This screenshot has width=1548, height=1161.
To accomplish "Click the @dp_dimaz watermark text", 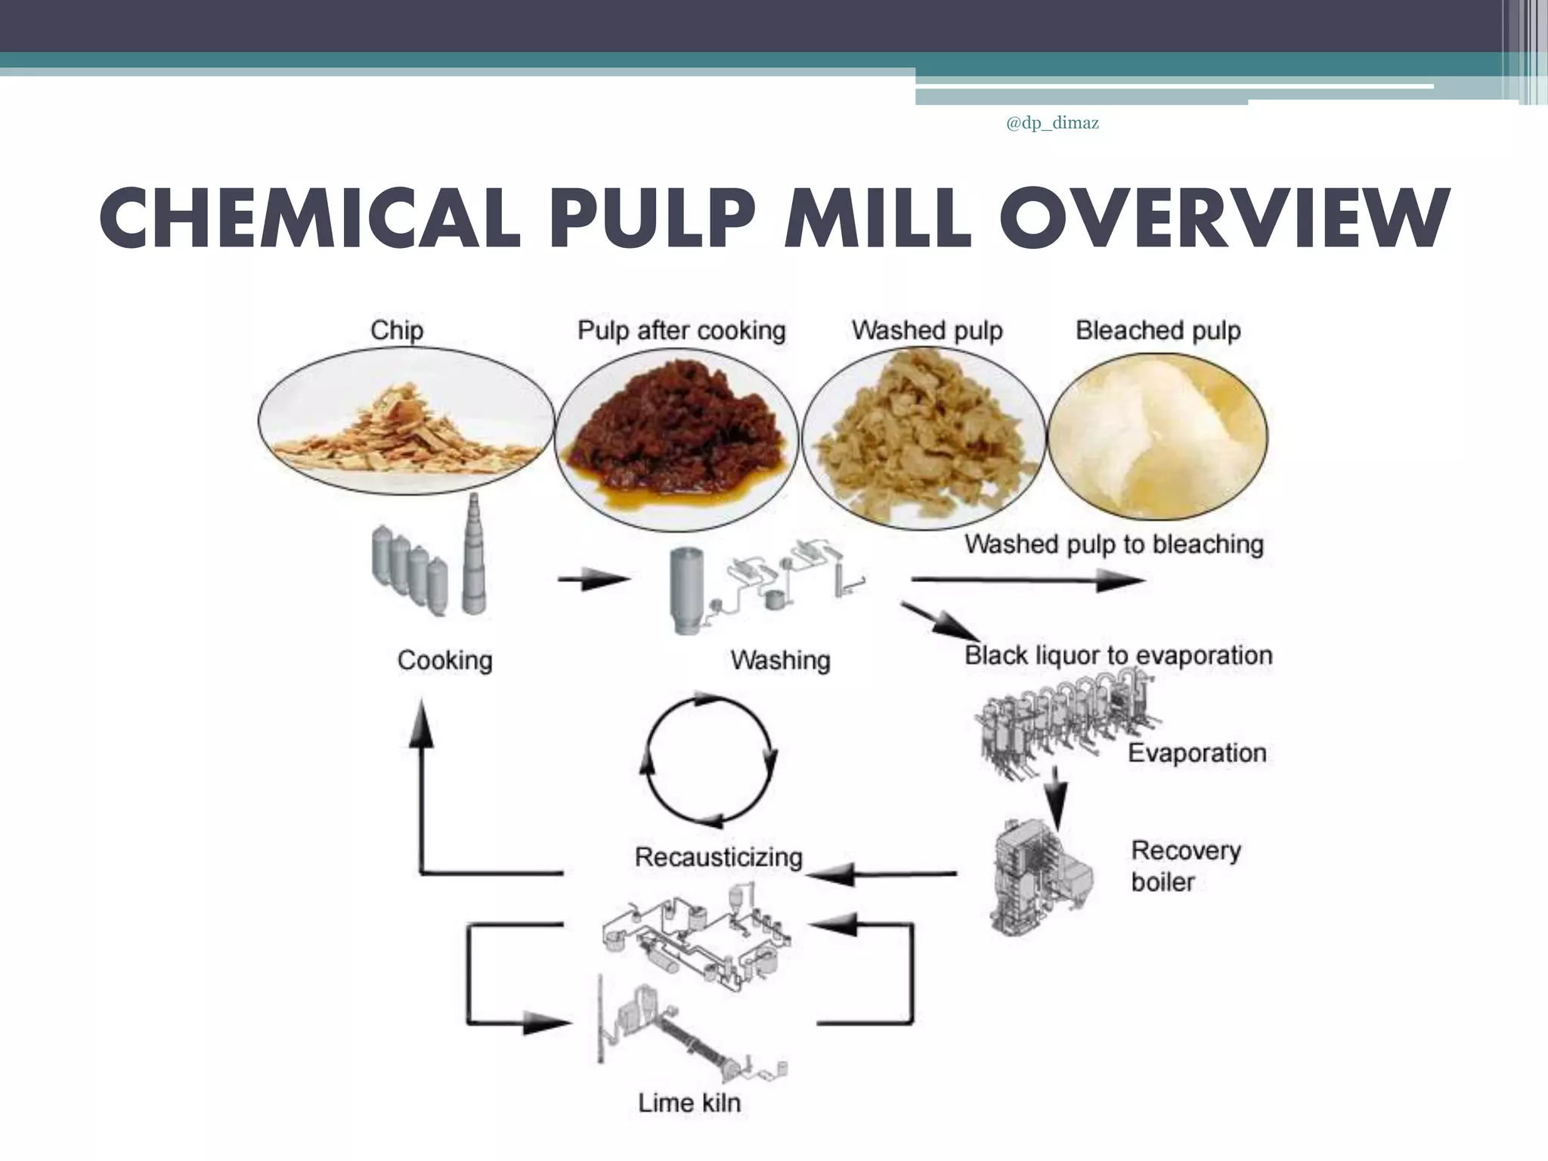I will (1052, 124).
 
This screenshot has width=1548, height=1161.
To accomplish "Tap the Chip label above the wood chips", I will (397, 331).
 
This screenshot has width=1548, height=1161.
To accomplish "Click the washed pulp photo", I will (924, 438).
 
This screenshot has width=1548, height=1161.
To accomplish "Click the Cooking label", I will (444, 661).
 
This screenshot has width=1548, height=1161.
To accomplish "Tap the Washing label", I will (780, 661).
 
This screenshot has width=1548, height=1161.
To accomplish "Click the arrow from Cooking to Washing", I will (593, 580).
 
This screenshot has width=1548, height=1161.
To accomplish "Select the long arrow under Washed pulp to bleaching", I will (1028, 580).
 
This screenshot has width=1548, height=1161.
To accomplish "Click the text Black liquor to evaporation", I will (1118, 655).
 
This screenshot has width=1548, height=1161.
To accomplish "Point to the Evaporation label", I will (1197, 753).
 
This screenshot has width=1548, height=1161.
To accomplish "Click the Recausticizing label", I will (718, 857).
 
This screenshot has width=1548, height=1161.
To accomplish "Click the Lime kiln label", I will (689, 1103).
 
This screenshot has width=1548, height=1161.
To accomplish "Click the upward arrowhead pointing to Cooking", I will (421, 722).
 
